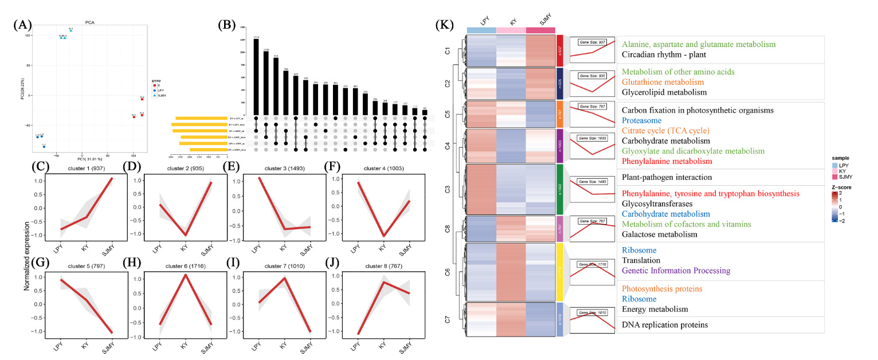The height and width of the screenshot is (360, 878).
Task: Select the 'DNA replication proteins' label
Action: pyautogui.click(x=664, y=324)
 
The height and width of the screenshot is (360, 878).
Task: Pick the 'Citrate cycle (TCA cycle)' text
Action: pyautogui.click(x=665, y=131)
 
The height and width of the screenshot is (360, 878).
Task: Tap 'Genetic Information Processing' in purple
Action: pyautogui.click(x=676, y=271)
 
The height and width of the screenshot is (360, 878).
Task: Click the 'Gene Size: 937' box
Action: pyautogui.click(x=592, y=44)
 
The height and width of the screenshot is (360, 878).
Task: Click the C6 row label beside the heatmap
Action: pyautogui.click(x=448, y=272)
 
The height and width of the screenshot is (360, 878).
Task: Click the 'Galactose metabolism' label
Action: pyautogui.click(x=659, y=234)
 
